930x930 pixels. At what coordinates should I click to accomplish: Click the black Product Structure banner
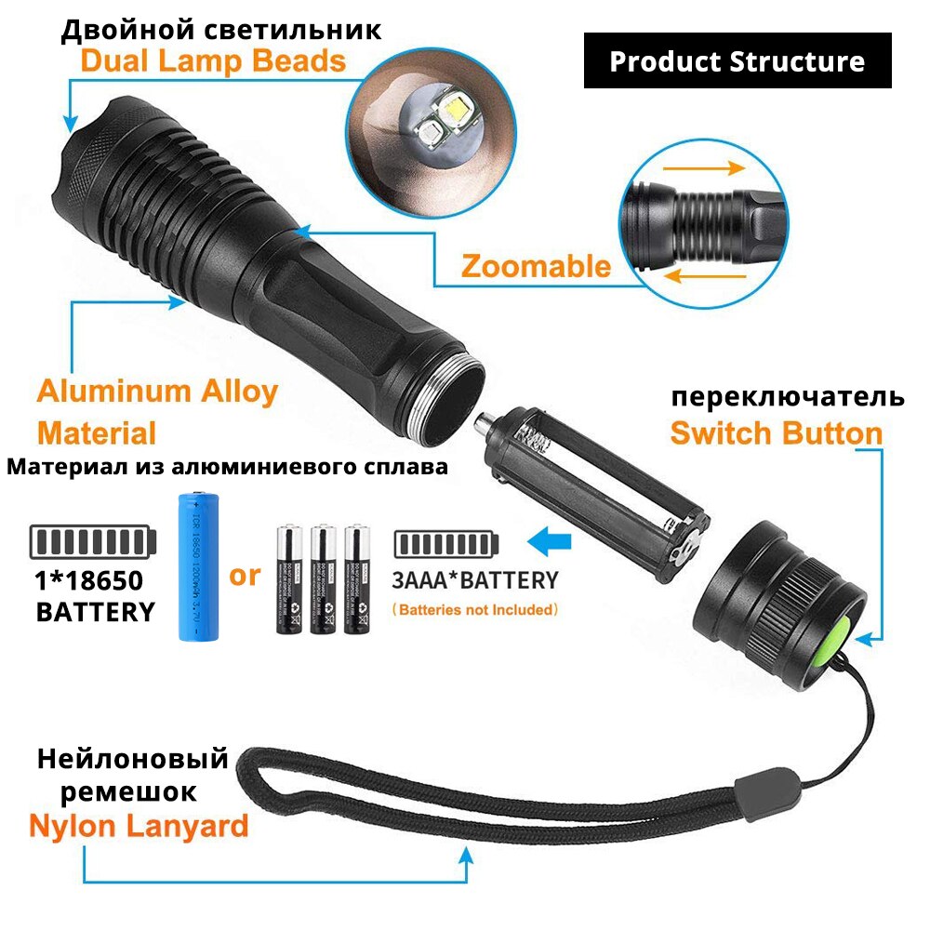[x=737, y=61]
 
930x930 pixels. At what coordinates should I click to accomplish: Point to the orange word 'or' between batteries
[x=245, y=575]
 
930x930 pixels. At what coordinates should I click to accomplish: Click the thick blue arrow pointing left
[x=545, y=540]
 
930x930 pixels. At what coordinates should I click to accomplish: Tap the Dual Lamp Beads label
[x=213, y=61]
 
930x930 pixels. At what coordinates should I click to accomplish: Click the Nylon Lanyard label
[x=139, y=825]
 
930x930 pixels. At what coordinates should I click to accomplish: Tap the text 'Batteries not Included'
[x=474, y=610]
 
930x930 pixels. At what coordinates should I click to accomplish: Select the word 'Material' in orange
[x=97, y=432]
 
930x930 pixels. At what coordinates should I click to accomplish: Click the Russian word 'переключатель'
[x=788, y=396]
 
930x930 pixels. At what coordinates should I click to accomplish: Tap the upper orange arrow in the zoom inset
[x=708, y=168]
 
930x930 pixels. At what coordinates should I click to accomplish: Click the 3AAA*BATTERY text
[x=474, y=580]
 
